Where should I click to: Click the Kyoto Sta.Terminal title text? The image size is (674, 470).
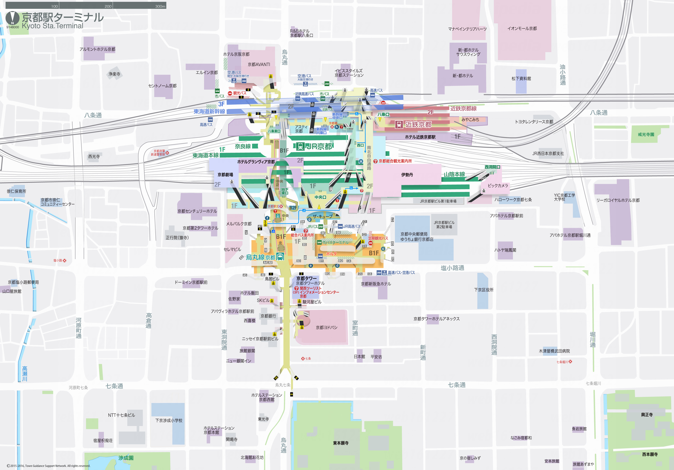[x=53, y=26]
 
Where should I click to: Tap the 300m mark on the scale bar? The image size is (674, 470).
[x=160, y=6]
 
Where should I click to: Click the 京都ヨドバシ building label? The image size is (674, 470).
[x=326, y=327]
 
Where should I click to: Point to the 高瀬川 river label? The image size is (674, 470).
[x=25, y=374]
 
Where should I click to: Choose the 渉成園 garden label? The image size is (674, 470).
[x=126, y=458]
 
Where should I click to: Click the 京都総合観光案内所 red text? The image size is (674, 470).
[x=395, y=161]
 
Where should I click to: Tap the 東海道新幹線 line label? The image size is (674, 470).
[x=209, y=112]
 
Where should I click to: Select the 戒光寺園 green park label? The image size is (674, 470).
[x=646, y=134]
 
